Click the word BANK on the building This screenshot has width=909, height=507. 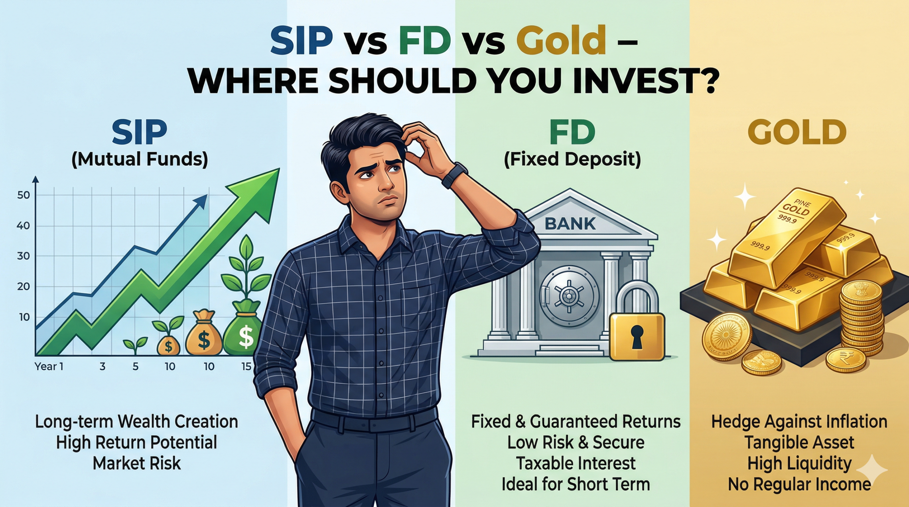[x=570, y=223]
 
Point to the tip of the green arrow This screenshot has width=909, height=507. [x=279, y=169]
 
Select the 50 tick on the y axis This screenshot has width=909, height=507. [x=23, y=195]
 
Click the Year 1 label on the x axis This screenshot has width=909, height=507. [x=49, y=367]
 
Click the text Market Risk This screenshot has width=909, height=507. [x=137, y=463]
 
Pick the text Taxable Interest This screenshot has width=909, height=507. [x=576, y=463]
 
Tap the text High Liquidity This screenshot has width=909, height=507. [x=799, y=464]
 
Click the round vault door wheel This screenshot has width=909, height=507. [x=569, y=295]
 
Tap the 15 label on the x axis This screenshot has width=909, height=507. [x=246, y=367]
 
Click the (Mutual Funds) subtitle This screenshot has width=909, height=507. [x=140, y=159]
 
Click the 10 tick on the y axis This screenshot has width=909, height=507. [x=24, y=317]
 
